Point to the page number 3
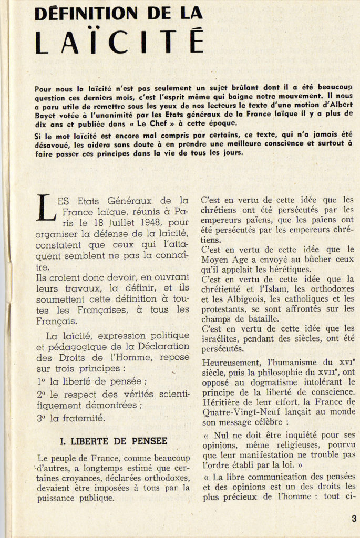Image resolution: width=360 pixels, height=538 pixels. pos(354,519)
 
